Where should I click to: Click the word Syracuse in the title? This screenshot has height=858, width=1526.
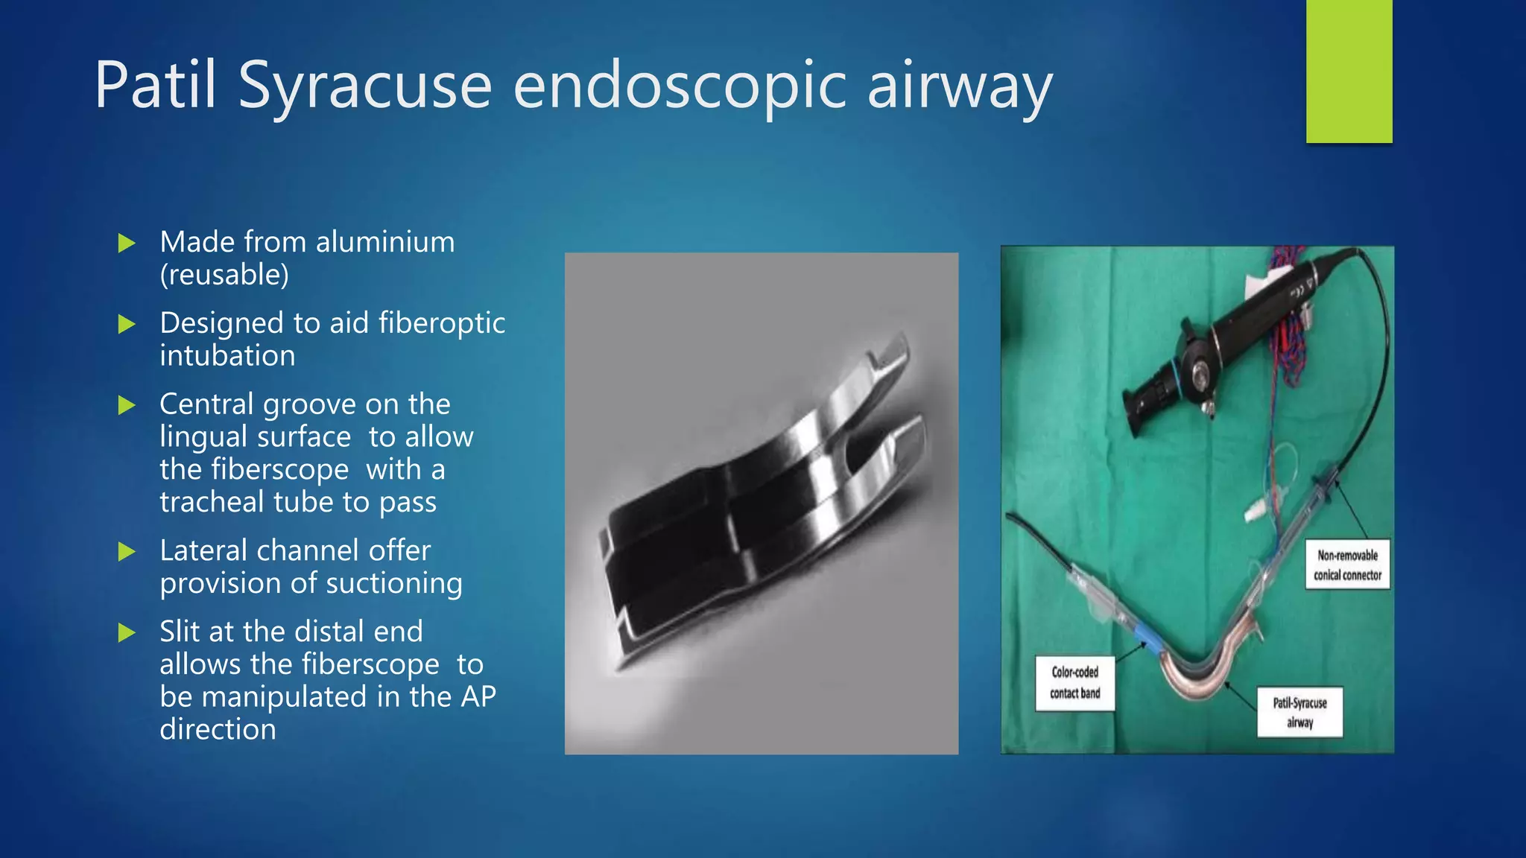pos(365,86)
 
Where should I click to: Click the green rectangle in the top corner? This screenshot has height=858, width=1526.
pos(1349,71)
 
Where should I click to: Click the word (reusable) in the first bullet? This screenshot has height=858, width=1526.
pos(224,275)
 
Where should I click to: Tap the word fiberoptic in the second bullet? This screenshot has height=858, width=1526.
pos(442,323)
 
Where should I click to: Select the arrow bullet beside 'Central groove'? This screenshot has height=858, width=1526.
pos(127,405)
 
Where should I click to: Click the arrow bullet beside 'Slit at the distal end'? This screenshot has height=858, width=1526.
pos(127,633)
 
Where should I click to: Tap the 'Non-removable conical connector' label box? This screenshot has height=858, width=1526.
pos(1347,565)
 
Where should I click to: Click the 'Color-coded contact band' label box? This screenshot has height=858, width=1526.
pos(1074,682)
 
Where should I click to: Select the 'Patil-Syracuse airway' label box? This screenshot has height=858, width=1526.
pos(1299,712)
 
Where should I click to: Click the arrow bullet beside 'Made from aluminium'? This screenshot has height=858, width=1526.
pos(127,243)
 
